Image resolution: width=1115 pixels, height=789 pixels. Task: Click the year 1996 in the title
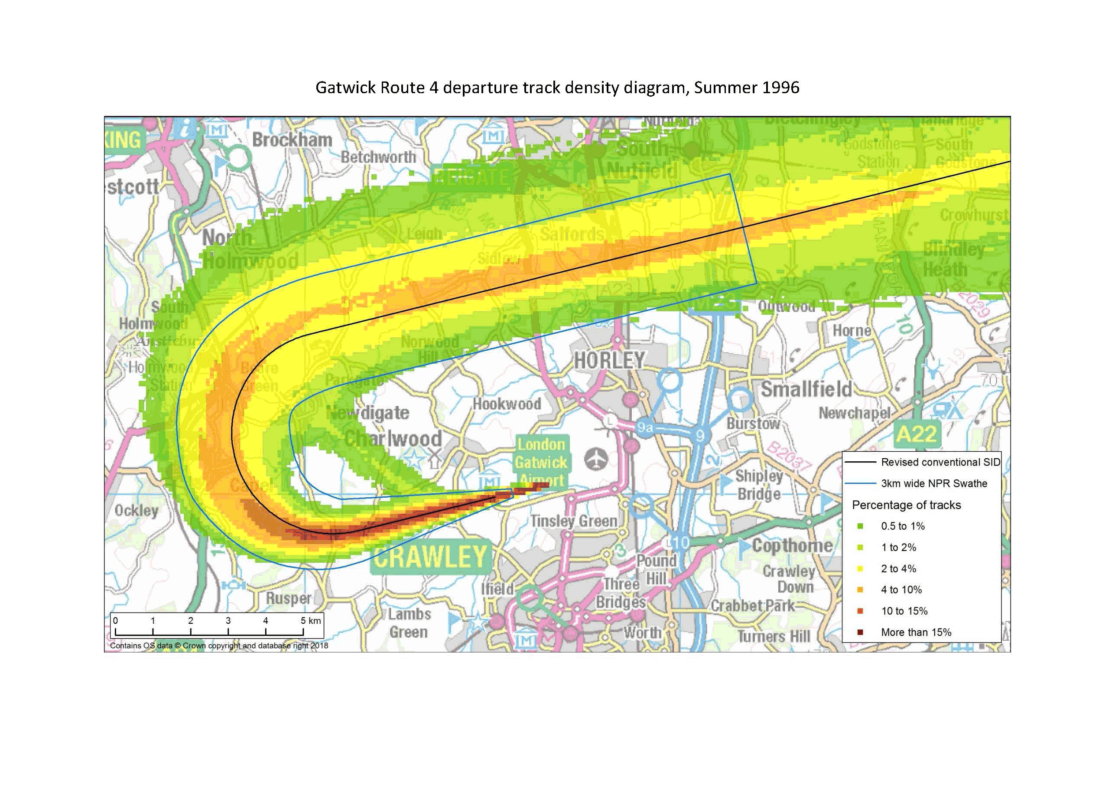coord(780,88)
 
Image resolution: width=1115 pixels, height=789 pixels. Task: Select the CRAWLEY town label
coord(430,556)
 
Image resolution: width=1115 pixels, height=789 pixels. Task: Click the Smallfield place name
coord(806,389)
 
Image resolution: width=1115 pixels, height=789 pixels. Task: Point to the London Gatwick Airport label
coord(541,462)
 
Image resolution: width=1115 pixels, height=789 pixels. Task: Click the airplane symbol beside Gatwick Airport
coord(596,459)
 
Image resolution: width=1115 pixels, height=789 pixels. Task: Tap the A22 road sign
coord(916,434)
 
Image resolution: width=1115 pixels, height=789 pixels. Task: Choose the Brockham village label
coord(292,140)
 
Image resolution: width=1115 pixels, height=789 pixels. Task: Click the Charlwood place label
coord(393,439)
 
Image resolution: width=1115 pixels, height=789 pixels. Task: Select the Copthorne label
coord(792,546)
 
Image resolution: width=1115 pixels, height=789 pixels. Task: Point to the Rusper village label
coord(288,598)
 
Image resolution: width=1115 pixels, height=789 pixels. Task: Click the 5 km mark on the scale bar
coord(303,621)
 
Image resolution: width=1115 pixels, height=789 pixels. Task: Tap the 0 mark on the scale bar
coord(116,621)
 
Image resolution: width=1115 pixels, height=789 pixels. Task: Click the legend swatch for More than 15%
coord(861,632)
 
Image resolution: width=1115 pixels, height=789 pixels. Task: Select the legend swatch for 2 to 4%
coord(861,568)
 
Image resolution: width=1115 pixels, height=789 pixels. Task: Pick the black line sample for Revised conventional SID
coord(861,462)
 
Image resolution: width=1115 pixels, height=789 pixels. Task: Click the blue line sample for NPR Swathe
coord(861,483)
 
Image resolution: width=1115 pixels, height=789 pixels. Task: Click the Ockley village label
coord(137,510)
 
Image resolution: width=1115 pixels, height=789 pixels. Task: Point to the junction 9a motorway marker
coord(644,427)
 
